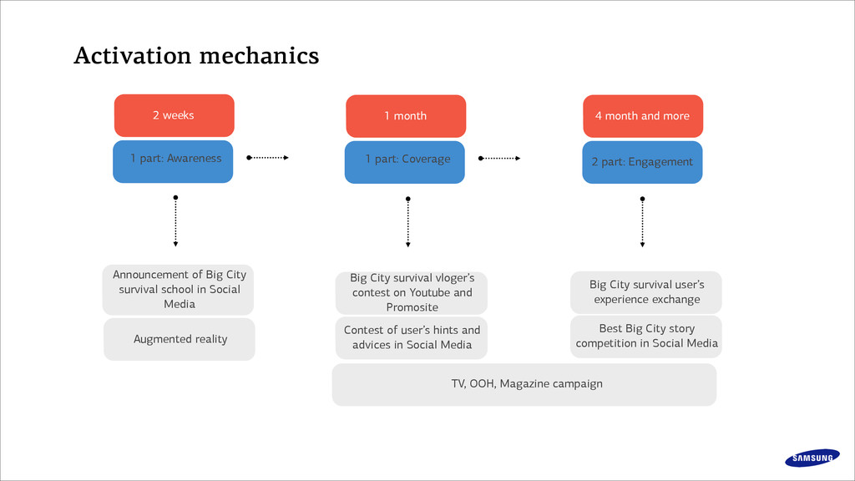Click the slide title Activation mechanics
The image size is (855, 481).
196,56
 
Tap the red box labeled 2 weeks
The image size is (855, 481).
174,115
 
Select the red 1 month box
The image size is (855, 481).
406,115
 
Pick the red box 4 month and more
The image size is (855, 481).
643,115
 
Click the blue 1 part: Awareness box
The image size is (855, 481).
173,161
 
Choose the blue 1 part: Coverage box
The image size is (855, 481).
405,162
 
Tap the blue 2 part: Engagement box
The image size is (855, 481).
642,162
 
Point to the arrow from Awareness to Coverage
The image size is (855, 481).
267,158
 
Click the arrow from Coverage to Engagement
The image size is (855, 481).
499,158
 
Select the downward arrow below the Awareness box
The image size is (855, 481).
175,220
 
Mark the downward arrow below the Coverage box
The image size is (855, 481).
407,222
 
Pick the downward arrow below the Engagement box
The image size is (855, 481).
642,222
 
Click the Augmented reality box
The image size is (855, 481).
180,339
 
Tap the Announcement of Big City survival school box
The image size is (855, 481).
179,290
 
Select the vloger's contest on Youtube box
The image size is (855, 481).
412,293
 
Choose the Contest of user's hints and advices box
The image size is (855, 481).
412,337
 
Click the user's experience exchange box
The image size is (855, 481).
646,292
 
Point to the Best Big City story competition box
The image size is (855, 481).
646,337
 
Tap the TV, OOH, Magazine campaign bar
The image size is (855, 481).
524,384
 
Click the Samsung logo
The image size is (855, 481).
812,458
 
